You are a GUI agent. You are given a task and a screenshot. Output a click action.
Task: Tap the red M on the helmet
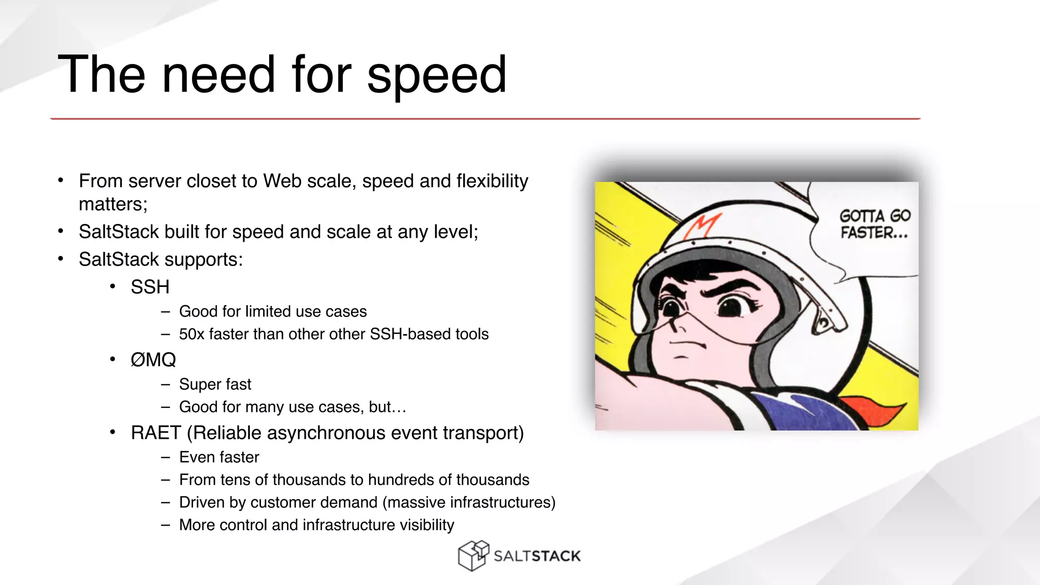(x=701, y=226)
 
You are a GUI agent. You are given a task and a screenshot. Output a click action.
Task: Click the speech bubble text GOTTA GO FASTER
(x=874, y=224)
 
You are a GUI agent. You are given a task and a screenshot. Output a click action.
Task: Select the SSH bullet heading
(x=150, y=287)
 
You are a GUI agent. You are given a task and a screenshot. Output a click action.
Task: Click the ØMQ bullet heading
(x=153, y=360)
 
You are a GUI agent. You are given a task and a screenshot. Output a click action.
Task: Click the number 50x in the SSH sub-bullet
(x=191, y=334)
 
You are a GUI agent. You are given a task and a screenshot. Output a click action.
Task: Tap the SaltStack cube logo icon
(x=473, y=556)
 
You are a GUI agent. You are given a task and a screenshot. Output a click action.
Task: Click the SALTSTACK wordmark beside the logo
(x=537, y=557)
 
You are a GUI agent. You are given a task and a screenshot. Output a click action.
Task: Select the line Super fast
(x=215, y=384)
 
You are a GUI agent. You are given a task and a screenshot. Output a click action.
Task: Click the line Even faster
(x=219, y=457)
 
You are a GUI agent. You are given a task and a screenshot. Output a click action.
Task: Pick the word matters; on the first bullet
(x=113, y=204)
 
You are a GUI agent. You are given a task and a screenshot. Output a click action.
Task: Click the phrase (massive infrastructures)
(x=469, y=502)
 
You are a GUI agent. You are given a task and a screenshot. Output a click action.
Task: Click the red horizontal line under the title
(x=485, y=119)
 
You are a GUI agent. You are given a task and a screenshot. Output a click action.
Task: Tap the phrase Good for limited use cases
(x=273, y=311)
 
